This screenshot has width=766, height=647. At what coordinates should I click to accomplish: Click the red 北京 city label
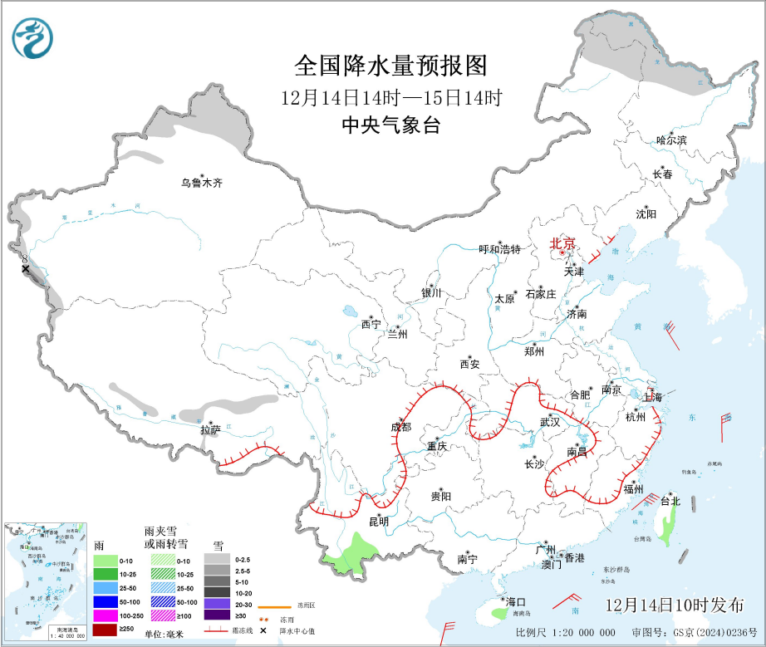(562, 243)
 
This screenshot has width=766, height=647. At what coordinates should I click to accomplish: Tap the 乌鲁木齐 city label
(203, 183)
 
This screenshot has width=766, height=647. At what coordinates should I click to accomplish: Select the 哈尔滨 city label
(671, 140)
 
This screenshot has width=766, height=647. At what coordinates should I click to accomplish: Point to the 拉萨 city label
(210, 429)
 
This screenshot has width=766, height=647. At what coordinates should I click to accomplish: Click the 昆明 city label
(378, 521)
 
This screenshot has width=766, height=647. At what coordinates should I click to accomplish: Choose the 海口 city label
(516, 601)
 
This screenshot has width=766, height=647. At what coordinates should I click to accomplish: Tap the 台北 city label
(670, 501)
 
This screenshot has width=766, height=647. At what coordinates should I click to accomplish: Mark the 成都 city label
(400, 427)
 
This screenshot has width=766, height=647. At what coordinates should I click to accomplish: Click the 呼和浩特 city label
(499, 248)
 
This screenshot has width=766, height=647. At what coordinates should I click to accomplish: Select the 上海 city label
(652, 398)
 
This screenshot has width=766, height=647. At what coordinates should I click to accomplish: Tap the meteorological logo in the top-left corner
(32, 37)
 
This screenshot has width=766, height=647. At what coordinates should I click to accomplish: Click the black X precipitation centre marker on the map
(26, 268)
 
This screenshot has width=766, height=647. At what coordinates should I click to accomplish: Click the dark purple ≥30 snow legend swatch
(219, 615)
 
